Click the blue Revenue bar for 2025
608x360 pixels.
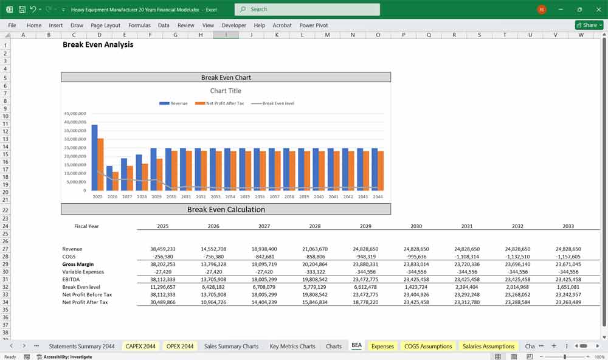click(x=94, y=157)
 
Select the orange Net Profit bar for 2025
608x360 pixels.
click(x=100, y=164)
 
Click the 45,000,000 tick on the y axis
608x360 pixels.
click(x=75, y=114)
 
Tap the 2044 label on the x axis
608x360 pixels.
click(x=378, y=197)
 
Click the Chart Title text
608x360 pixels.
click(x=226, y=91)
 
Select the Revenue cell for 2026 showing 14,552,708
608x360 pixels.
click(x=213, y=249)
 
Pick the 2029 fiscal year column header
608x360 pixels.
click(x=365, y=226)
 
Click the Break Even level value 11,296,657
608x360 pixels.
click(x=162, y=287)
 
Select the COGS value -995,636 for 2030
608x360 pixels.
click(x=416, y=257)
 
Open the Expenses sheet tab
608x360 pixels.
click(x=382, y=346)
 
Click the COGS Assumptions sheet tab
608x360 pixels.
click(x=428, y=346)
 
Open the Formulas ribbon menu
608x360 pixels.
click(x=139, y=26)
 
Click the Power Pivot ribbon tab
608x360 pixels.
click(x=314, y=26)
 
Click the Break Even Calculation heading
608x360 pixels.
click(x=226, y=210)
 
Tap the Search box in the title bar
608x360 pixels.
click(x=307, y=9)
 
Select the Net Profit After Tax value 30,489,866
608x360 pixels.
click(x=162, y=302)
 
